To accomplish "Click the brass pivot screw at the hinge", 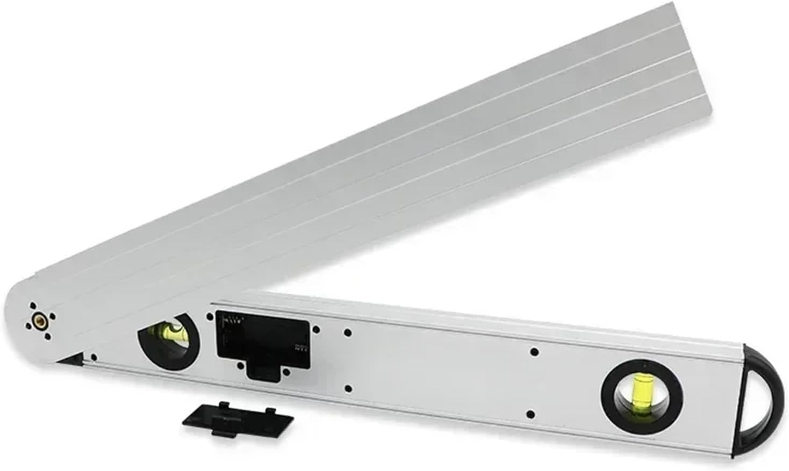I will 38,321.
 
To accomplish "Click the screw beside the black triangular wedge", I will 94,357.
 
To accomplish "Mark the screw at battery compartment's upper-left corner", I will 210,317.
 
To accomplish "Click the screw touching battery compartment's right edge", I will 316,330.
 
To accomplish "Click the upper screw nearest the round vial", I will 534,352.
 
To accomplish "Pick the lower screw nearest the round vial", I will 531,414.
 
